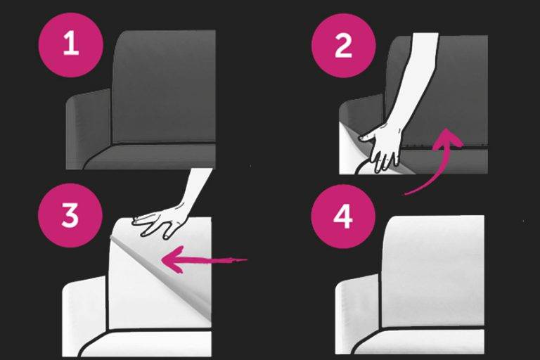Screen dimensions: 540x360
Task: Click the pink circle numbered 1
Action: (71, 45)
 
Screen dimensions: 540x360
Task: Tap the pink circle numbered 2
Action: (343, 46)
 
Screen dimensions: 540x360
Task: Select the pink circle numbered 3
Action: (70, 215)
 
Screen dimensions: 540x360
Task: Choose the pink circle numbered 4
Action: (343, 217)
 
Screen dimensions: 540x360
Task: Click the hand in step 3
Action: (162, 221)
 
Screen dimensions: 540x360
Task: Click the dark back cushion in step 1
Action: (165, 86)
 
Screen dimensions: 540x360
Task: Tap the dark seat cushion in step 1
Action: (152, 157)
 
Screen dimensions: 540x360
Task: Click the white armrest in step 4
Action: (358, 310)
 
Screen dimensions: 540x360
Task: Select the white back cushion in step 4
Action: (433, 272)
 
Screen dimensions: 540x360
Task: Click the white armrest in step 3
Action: (84, 314)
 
